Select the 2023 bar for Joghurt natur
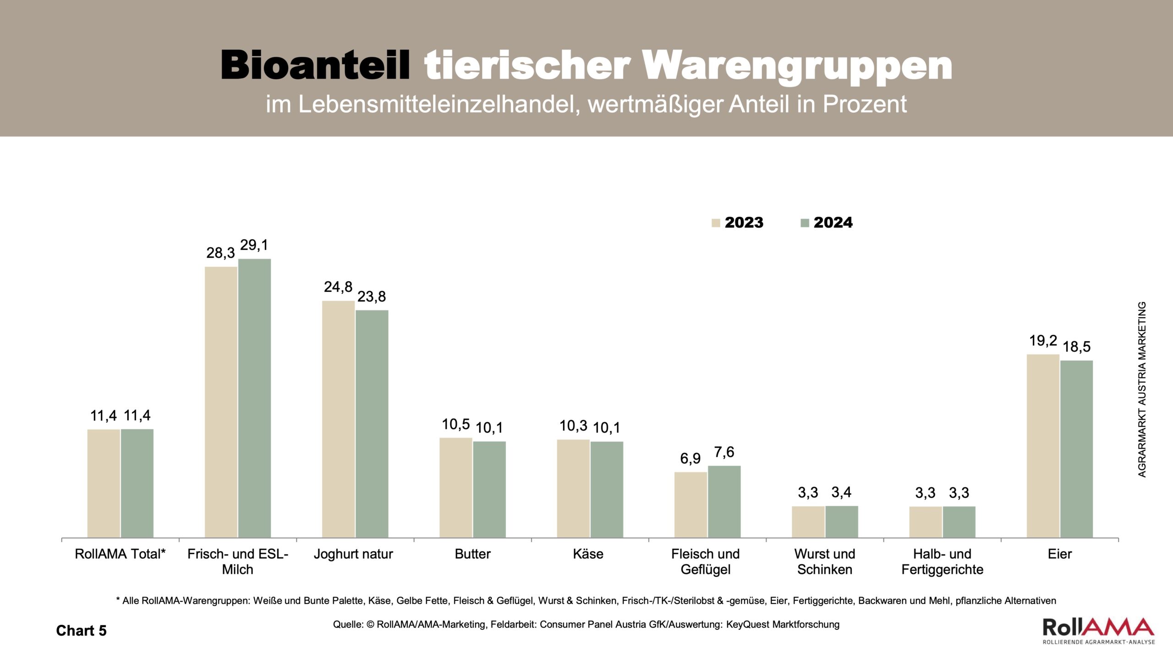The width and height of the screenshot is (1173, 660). coord(338,419)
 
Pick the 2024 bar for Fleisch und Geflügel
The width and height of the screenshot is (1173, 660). coord(724,501)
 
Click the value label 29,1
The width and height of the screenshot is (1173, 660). coord(254,245)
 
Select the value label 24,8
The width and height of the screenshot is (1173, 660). coord(338,287)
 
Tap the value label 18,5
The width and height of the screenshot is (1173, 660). coord(1077,346)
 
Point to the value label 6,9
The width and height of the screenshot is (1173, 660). coord(690,458)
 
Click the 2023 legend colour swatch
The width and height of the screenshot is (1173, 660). coord(716,223)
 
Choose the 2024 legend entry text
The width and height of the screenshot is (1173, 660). coord(833,223)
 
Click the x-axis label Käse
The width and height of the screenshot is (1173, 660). coord(588,554)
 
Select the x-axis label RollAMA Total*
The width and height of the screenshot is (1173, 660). coord(120,554)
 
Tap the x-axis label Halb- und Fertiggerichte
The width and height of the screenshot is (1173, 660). coord(942,562)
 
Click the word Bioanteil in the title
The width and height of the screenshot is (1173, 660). coord(315,66)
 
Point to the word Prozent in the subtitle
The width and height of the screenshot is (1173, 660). coord(864,104)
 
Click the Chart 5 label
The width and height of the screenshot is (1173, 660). coord(81,631)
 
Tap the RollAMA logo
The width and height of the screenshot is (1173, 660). coord(1098,631)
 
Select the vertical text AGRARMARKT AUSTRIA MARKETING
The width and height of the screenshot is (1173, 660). coord(1142,390)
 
